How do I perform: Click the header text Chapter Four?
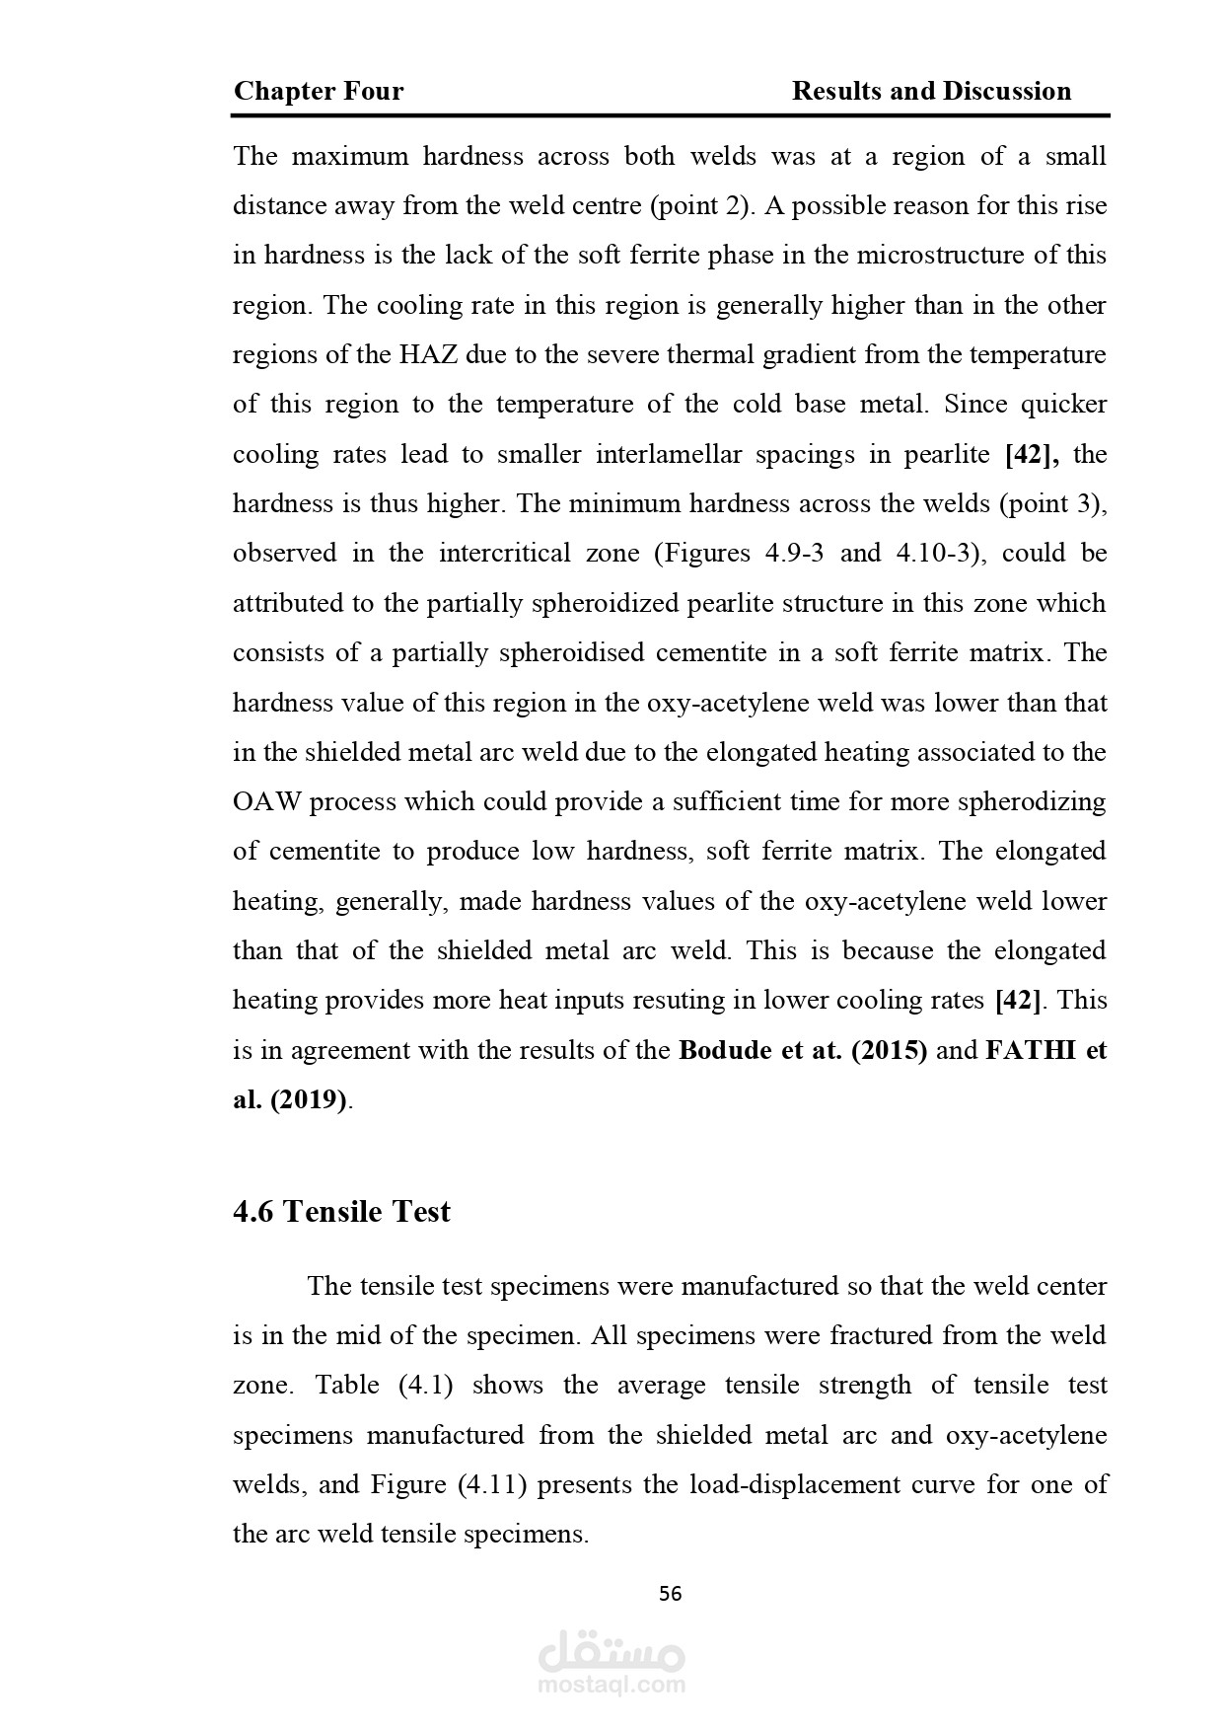(x=319, y=92)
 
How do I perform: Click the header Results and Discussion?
(x=931, y=92)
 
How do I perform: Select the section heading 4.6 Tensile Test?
(x=341, y=1211)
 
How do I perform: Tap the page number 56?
(x=670, y=1594)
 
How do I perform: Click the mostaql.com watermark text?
(x=612, y=1685)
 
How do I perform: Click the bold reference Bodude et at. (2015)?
(x=803, y=1050)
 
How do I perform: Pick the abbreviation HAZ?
(x=428, y=354)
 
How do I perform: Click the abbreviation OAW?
(x=266, y=801)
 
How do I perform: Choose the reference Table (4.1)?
(x=384, y=1385)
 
